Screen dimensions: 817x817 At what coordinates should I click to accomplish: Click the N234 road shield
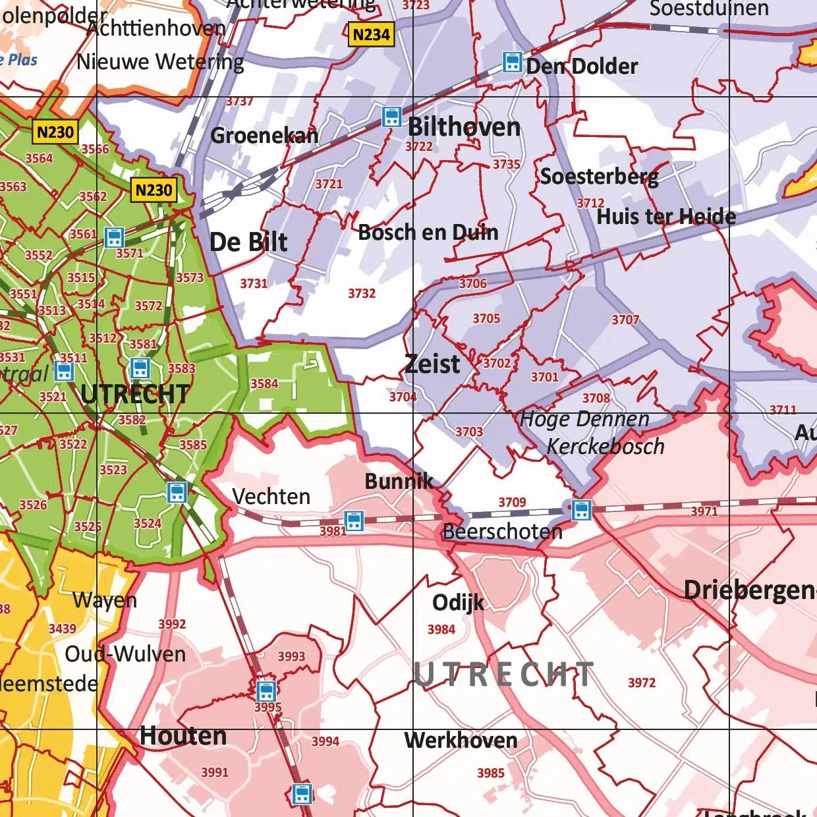click(372, 34)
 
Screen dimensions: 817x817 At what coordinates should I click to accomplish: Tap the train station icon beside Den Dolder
click(512, 63)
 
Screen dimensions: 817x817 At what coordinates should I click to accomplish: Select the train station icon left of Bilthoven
click(391, 117)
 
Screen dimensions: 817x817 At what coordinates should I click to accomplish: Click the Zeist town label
click(432, 364)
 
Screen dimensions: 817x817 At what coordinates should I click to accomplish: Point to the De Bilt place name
click(248, 242)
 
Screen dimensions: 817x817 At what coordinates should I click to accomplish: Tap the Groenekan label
click(264, 136)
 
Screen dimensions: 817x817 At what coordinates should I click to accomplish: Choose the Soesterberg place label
click(599, 177)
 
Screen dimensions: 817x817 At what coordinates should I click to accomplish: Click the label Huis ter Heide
click(666, 216)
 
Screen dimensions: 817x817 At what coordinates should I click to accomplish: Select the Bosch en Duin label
click(428, 232)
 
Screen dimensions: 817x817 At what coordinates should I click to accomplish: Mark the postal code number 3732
click(362, 293)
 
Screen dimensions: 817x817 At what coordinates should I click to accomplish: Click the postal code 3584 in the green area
click(264, 383)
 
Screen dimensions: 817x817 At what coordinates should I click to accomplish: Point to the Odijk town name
click(458, 602)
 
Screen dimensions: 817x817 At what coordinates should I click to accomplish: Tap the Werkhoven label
click(461, 741)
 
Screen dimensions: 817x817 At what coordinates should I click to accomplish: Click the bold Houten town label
click(183, 736)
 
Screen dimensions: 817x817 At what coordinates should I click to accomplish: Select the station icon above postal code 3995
click(266, 691)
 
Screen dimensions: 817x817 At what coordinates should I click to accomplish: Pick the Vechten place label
click(271, 496)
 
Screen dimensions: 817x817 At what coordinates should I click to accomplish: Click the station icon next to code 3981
click(354, 521)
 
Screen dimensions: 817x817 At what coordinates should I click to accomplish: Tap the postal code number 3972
click(642, 683)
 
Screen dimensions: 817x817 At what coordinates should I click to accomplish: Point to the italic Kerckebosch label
click(606, 447)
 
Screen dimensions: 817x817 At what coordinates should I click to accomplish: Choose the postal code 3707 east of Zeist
click(625, 320)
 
